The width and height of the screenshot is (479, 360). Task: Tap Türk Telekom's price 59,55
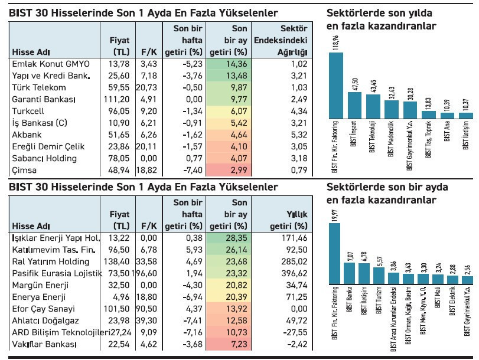point(117,86)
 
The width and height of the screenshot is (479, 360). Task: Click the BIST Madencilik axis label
point(391,140)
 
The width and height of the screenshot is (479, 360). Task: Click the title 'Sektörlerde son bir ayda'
point(387,187)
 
